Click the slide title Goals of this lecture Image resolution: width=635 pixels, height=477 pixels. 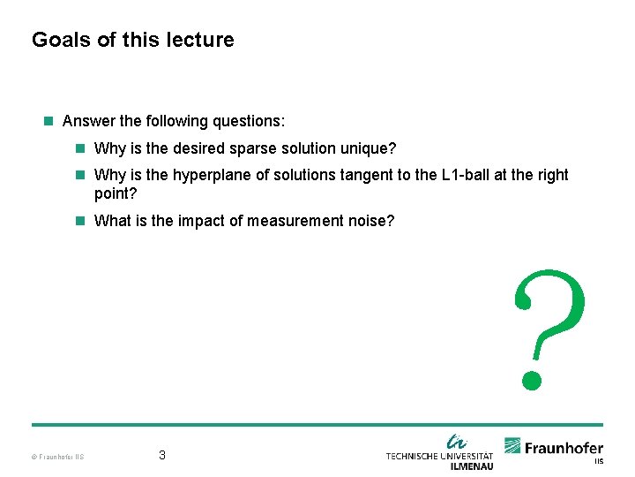133,40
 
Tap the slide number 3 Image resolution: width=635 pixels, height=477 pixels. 162,456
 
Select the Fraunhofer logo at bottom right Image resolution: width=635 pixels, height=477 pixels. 554,448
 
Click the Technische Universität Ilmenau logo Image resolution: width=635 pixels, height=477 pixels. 439,451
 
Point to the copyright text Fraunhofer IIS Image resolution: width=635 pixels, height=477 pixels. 57,457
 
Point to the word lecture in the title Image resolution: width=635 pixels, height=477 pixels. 204,40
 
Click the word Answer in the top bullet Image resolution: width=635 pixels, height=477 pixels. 87,120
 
